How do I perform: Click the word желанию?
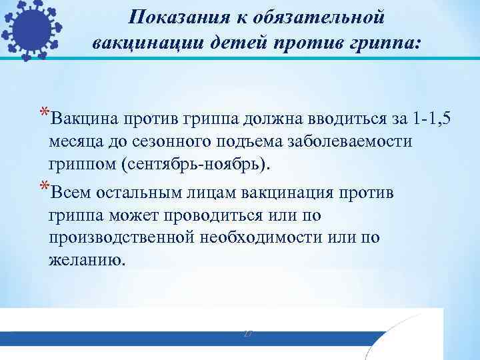[86, 261]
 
